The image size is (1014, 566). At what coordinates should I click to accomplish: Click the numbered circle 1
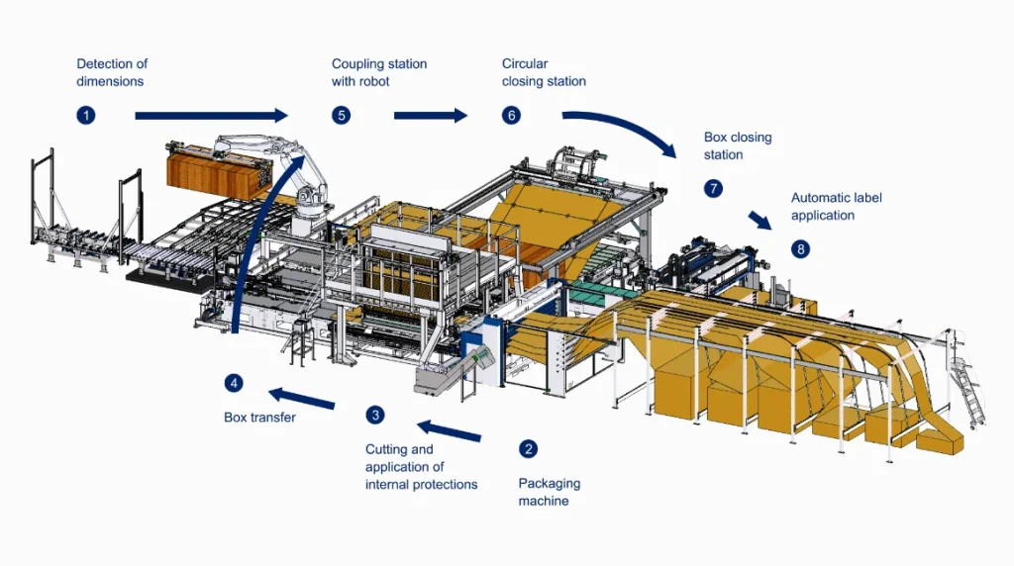86,116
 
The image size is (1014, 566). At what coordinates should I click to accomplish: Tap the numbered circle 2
529,448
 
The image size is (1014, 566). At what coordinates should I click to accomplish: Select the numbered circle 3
375,415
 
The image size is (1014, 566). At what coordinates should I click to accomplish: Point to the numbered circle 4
234,383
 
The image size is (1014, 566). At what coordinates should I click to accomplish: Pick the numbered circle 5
342,116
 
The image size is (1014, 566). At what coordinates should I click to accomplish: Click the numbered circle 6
512,116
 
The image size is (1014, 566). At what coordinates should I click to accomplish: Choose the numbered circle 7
714,188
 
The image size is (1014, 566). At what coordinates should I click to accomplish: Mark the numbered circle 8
800,248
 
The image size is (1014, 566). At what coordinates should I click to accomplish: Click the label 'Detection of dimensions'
112,72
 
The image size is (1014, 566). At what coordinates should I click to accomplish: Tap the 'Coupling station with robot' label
379,72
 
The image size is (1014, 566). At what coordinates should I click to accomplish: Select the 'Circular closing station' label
544,72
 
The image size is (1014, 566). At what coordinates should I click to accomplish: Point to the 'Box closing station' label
738,146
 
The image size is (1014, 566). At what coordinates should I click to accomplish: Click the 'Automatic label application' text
837,206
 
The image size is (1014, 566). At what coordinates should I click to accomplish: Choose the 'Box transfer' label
259,418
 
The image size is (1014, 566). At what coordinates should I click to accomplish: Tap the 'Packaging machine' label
550,492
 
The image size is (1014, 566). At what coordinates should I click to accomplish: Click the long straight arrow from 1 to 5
210,116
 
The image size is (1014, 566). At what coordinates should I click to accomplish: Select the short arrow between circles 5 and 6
430,116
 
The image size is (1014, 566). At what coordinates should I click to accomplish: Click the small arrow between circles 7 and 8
760,220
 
